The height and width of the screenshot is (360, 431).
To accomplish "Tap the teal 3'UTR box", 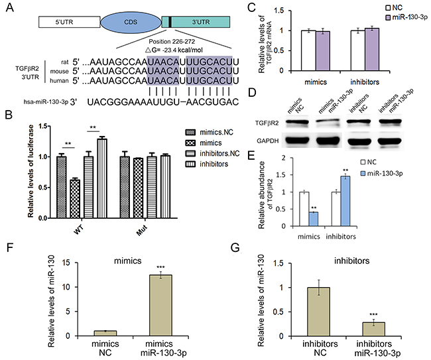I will tap(196, 22).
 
